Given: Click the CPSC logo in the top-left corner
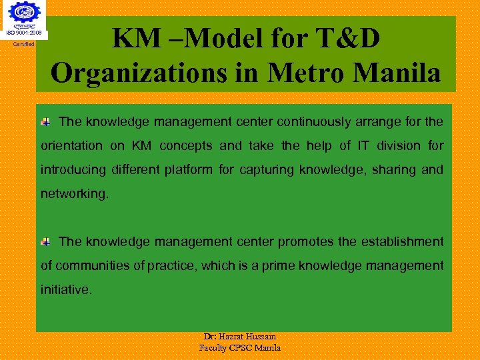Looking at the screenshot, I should coord(24,15).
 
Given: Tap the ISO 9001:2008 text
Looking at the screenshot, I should coord(24,33).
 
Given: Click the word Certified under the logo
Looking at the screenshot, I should coord(24,45).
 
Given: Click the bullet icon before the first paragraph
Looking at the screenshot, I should coord(45,122).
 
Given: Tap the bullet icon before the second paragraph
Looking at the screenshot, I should coord(45,242).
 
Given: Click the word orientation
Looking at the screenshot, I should coord(72,146).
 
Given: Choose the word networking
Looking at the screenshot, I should coord(73,194).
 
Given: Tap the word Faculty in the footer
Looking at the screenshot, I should coord(215,347).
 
